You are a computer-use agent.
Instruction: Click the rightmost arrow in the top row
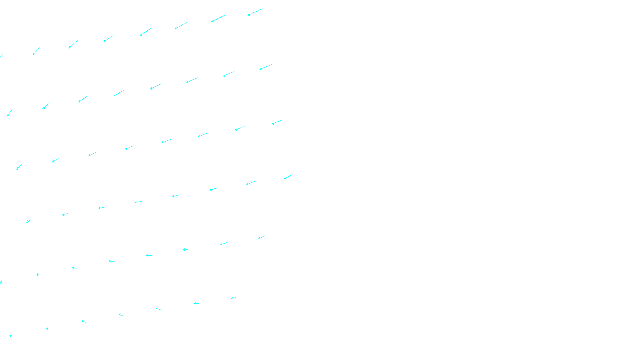255,12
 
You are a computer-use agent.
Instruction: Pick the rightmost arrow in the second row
266,67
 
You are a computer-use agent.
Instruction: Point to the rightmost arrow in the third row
277,122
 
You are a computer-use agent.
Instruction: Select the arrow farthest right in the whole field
288,176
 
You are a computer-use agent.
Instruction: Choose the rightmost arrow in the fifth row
262,238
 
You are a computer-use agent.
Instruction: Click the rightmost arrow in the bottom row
234,298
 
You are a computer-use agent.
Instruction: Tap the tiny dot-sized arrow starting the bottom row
10,336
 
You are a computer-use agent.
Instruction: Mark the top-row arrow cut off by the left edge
2,55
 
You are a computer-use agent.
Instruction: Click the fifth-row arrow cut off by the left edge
1,282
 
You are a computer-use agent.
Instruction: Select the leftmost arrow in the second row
10,112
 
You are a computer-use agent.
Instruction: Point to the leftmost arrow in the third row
19,167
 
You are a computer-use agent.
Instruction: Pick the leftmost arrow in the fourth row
28,221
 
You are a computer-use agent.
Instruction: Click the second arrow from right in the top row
218,19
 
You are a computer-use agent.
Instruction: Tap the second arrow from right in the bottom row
196,303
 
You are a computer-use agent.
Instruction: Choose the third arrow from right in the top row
182,25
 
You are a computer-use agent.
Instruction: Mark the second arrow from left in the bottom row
47,328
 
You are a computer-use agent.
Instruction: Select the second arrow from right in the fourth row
251,183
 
